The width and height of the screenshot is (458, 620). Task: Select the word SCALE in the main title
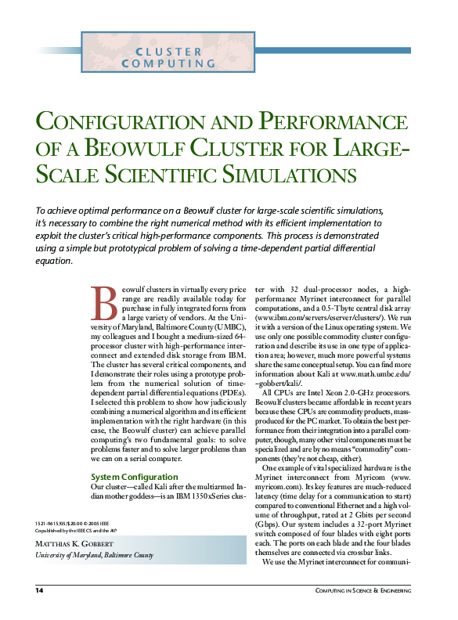pos(70,172)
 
